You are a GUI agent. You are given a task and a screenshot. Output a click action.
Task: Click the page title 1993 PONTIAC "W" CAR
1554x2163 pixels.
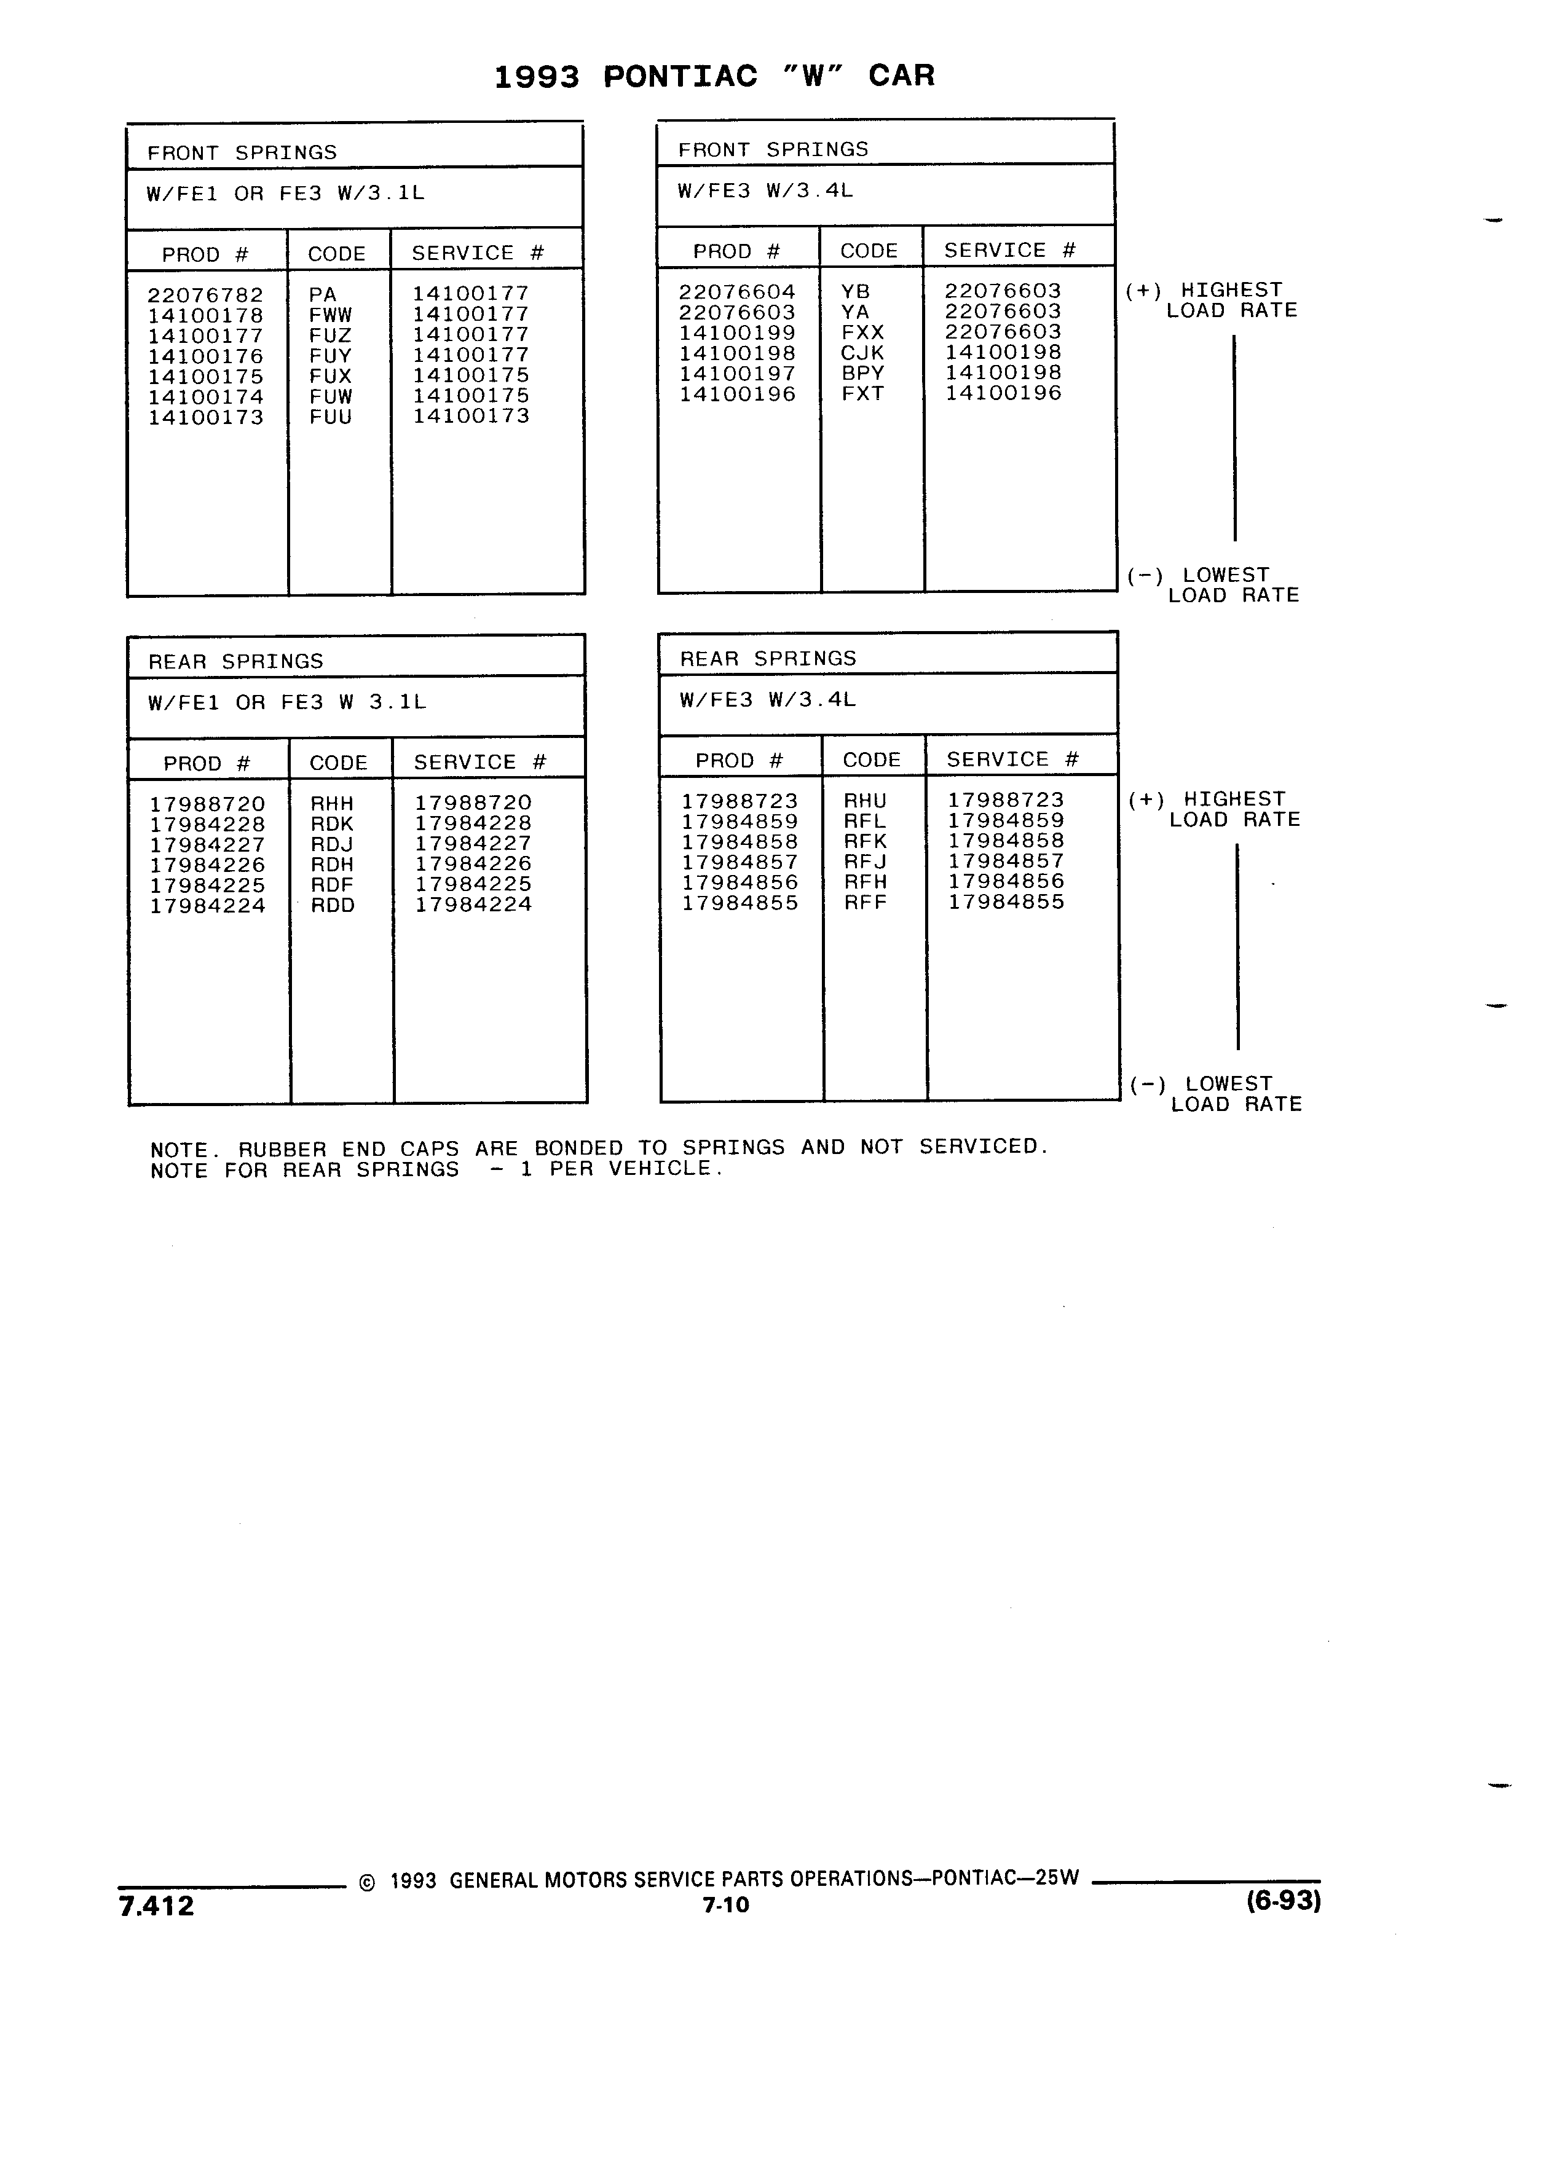point(714,76)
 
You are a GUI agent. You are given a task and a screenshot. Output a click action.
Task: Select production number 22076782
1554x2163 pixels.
point(205,296)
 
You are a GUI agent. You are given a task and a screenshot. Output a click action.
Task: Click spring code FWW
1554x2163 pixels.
point(330,315)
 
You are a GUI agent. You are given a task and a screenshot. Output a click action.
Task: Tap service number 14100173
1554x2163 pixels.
point(470,416)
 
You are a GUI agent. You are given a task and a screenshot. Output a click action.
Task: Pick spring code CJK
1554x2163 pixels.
point(862,353)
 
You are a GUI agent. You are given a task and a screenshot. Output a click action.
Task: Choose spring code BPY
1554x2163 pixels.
point(862,373)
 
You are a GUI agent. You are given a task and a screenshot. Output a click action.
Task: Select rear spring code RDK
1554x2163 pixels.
point(332,824)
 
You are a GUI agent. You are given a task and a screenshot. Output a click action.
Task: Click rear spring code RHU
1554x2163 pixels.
point(866,801)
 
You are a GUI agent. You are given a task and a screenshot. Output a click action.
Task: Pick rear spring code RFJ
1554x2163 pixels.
point(866,862)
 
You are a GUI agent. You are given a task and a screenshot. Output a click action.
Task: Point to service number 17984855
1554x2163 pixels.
point(1006,902)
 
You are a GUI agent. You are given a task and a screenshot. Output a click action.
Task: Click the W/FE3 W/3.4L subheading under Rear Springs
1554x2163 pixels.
point(768,700)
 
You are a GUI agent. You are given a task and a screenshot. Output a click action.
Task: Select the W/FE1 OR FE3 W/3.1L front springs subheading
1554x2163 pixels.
point(285,194)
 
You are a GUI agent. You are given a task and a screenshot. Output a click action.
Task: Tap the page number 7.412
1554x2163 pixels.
point(157,1907)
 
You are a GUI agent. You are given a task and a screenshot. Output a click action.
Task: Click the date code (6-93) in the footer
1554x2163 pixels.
point(1283,1902)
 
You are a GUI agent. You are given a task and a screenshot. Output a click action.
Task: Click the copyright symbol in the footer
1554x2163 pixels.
point(367,1883)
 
